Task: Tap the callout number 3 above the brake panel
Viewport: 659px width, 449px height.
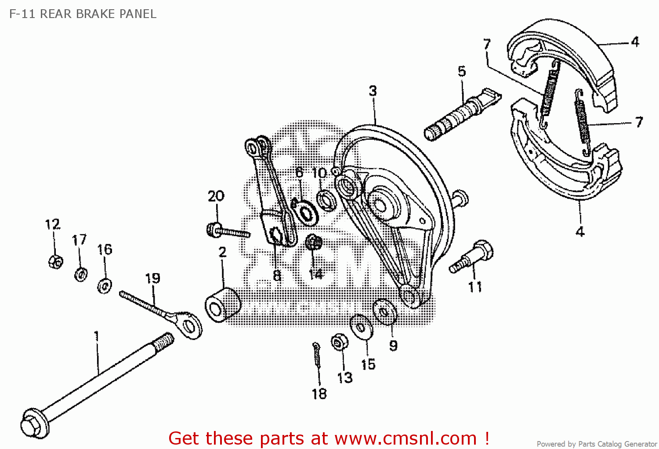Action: click(373, 91)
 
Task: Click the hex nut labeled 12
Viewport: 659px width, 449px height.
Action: click(55, 261)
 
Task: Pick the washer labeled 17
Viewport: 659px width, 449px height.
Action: click(81, 274)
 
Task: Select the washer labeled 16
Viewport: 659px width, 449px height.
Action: click(105, 286)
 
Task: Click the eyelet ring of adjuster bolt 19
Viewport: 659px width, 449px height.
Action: click(190, 326)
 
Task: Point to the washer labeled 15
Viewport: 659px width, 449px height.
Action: click(361, 327)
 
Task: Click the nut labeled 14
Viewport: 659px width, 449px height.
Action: click(313, 242)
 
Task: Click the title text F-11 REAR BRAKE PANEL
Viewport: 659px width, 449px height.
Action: click(83, 14)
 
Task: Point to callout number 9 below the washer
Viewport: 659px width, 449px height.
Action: click(393, 346)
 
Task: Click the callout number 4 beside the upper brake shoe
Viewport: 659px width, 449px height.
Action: click(635, 42)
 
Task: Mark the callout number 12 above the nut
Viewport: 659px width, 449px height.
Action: click(52, 224)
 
